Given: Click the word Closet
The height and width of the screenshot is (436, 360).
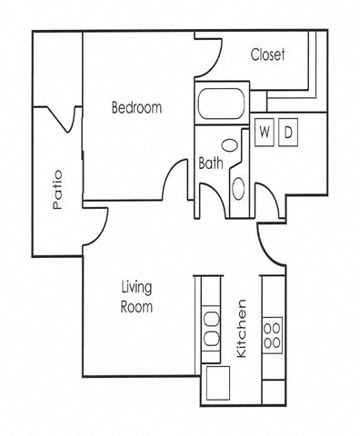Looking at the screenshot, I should [x=268, y=55].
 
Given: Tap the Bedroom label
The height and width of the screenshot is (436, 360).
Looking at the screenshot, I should [x=136, y=108].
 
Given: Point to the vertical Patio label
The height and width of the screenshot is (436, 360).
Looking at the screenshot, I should [x=58, y=189].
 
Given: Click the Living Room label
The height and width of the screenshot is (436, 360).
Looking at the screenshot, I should [x=136, y=297].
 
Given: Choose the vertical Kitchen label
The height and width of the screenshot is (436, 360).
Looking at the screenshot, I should [x=242, y=327].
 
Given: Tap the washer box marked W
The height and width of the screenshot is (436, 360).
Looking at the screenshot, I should [x=265, y=132].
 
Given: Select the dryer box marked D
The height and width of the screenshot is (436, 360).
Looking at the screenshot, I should [x=287, y=132].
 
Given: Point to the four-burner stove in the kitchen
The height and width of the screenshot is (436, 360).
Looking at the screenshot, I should [x=271, y=333].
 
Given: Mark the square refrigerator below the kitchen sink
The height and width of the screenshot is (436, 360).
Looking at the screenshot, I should [x=217, y=383].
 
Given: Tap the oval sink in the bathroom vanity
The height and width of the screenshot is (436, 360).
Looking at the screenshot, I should [x=238, y=188].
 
